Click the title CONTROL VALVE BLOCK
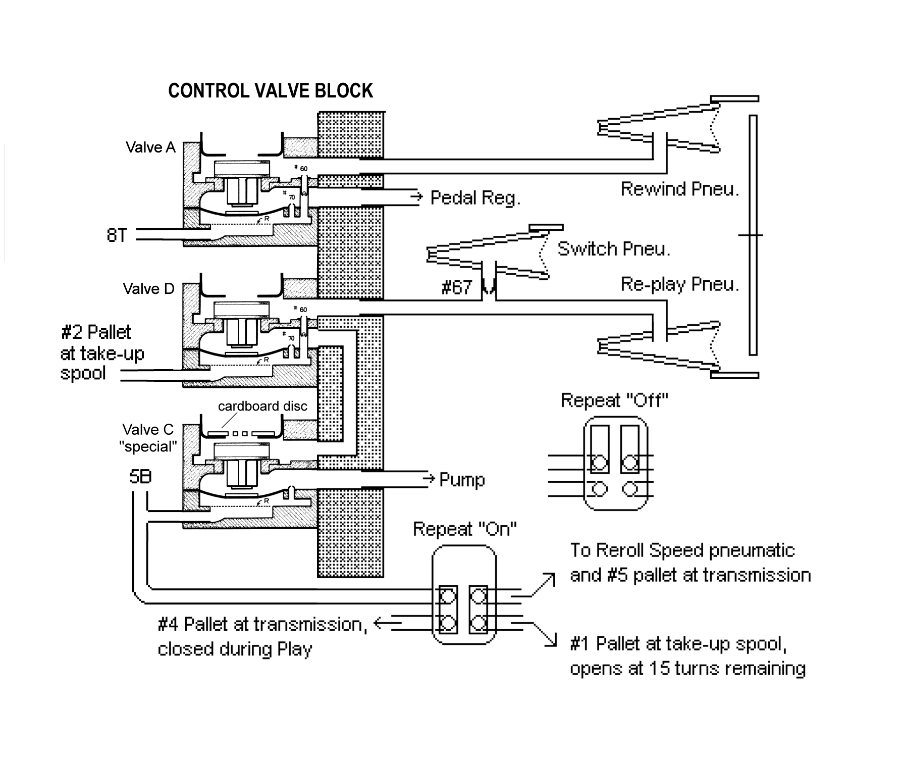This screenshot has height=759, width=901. pos(271,91)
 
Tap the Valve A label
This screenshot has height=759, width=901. pos(150,147)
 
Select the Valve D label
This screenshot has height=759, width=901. pos(148,288)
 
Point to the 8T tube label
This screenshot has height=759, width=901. pos(117,235)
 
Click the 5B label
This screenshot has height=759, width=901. pos(140,477)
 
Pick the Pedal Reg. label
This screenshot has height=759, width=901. pos(475,198)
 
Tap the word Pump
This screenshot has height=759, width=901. pos(462,479)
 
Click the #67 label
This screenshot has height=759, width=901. pos(456,287)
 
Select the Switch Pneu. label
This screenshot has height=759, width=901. pos(614,248)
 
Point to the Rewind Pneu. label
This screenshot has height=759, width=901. pos(680,189)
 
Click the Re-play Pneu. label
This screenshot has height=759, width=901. pos(680,284)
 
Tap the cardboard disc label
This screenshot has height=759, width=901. pos(262,406)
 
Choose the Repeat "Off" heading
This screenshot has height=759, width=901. pos(614,400)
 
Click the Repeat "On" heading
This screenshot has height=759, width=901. pos(465,529)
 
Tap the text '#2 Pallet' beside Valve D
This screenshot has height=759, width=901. pos(96,332)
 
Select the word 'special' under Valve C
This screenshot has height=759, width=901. pos(148,446)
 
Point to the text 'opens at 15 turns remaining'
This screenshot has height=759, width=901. pos(687,668)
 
